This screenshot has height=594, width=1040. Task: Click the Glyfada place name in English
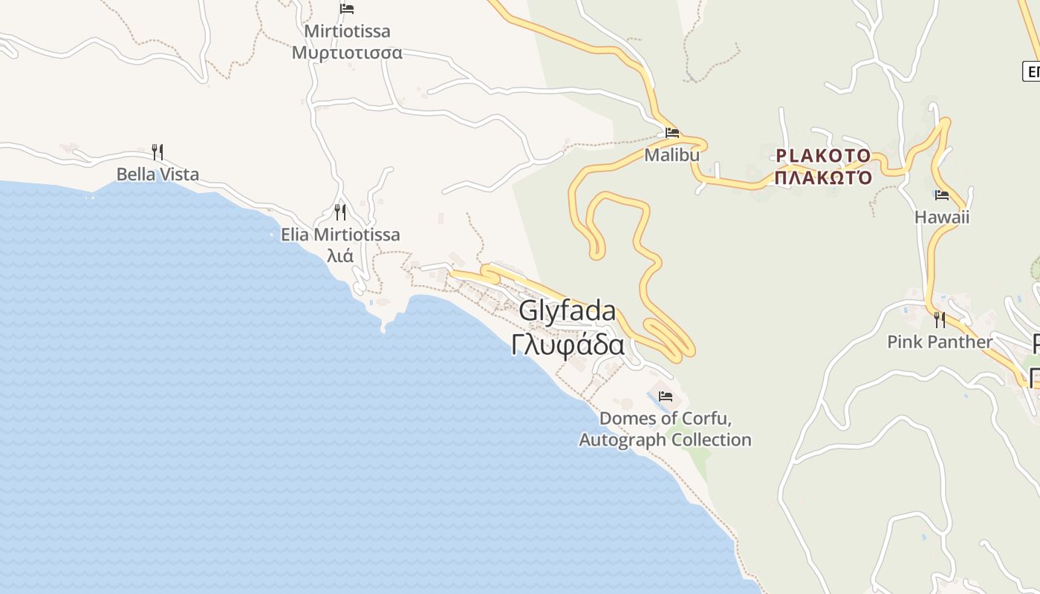pyautogui.click(x=568, y=311)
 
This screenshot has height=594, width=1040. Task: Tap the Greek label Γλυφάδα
pyautogui.click(x=568, y=345)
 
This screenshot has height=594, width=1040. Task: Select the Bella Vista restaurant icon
pyautogui.click(x=157, y=152)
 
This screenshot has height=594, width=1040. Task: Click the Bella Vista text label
pyautogui.click(x=157, y=174)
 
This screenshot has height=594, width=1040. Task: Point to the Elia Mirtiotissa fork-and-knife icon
pyautogui.click(x=340, y=212)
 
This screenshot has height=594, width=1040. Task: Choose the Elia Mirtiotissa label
pyautogui.click(x=340, y=235)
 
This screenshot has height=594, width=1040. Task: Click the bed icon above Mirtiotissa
pyautogui.click(x=347, y=9)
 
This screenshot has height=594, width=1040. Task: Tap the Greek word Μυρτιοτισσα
pyautogui.click(x=347, y=53)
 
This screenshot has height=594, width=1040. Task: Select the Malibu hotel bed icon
pyautogui.click(x=672, y=133)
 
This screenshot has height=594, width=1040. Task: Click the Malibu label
pyautogui.click(x=672, y=155)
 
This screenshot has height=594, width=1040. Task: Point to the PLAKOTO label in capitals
pyautogui.click(x=823, y=156)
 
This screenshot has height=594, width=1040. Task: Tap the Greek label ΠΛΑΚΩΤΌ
pyautogui.click(x=823, y=178)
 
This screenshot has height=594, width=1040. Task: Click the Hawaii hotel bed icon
pyautogui.click(x=942, y=195)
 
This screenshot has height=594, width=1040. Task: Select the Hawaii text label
pyautogui.click(x=942, y=218)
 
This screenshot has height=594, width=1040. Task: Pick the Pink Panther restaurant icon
pyautogui.click(x=940, y=320)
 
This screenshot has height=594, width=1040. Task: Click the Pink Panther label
pyautogui.click(x=940, y=342)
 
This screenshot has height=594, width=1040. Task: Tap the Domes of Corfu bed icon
pyautogui.click(x=665, y=396)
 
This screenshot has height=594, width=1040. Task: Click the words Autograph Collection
pyautogui.click(x=665, y=440)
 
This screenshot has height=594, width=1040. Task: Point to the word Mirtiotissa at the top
pyautogui.click(x=347, y=32)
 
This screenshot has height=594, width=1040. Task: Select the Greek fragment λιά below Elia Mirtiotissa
pyautogui.click(x=340, y=257)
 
